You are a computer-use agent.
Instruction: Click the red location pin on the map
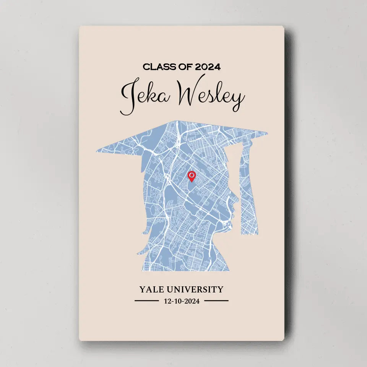coord(192,176)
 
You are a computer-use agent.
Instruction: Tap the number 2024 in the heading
coord(208,67)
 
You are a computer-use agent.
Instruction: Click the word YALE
coord(152,289)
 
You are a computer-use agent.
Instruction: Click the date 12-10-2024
coord(182,301)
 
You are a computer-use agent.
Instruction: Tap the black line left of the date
coord(146,301)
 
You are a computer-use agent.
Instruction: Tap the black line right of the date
coord(216,301)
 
